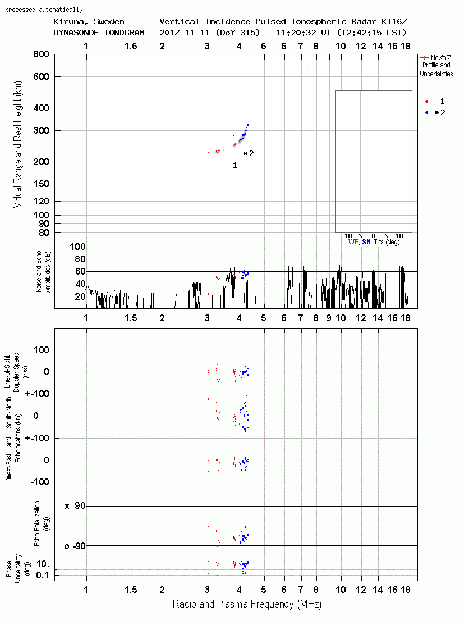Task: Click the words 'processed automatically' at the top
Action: point(44,10)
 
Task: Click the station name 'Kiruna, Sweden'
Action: point(89,21)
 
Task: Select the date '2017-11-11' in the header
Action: point(185,33)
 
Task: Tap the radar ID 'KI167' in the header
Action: point(394,21)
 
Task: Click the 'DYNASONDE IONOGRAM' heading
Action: point(99,33)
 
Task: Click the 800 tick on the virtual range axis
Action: point(41,54)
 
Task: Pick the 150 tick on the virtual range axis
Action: point(41,184)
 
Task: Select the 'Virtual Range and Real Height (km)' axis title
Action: point(17,144)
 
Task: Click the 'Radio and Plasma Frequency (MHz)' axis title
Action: point(247,604)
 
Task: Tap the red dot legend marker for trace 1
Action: point(426,101)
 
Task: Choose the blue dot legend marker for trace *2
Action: point(426,113)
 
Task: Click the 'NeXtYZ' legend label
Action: point(441,58)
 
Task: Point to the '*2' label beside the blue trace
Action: point(249,153)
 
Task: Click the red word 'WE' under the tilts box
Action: point(353,242)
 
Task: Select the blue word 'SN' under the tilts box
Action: point(366,242)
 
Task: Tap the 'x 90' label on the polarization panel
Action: point(75,506)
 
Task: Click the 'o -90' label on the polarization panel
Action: point(75,546)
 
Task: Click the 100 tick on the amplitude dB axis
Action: point(77,247)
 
